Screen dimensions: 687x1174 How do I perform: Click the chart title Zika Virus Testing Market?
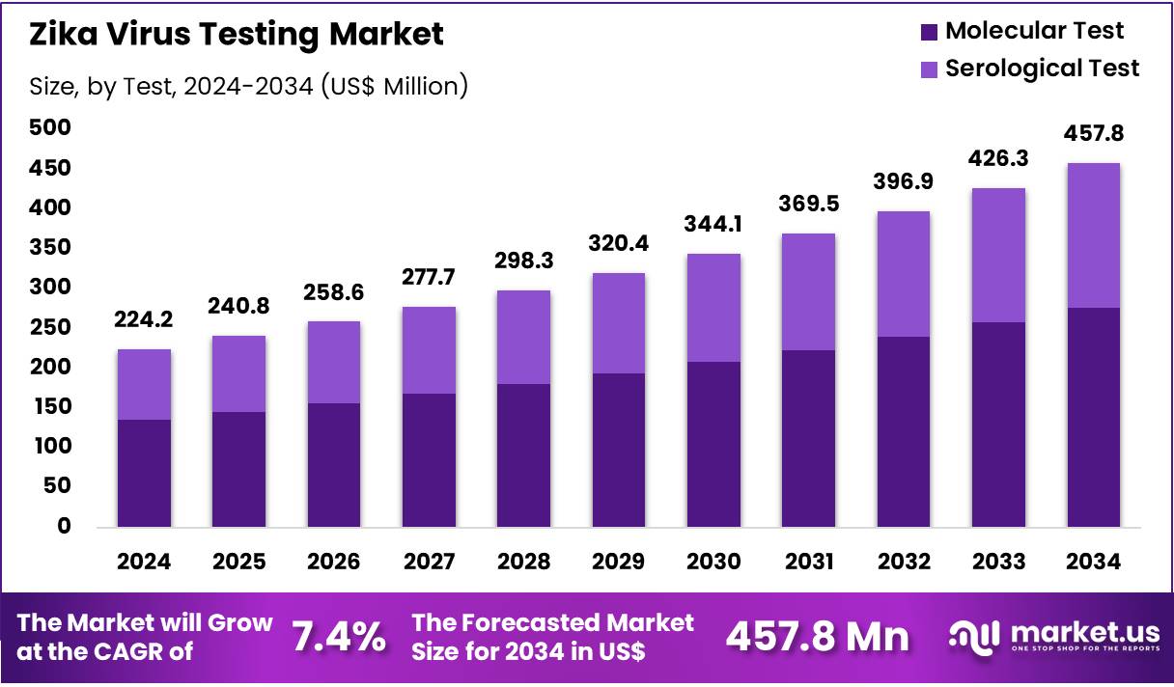point(237,35)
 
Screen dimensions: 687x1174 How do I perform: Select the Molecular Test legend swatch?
point(929,32)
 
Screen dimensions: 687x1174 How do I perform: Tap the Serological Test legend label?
point(1042,69)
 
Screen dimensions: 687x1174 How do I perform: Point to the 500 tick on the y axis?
point(49,128)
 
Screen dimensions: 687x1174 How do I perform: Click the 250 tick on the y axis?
point(49,327)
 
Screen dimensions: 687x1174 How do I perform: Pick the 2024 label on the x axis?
point(144,563)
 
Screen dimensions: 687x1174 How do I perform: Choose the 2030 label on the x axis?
point(713,563)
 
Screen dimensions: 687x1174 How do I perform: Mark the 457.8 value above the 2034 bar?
point(1093,133)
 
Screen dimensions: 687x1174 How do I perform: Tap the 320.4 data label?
point(619,243)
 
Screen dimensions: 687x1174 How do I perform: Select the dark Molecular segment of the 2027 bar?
point(429,460)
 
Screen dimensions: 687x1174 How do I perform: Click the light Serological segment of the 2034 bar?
point(1093,235)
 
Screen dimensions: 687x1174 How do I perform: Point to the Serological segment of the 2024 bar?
point(144,384)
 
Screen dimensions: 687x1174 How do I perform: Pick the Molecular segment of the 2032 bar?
point(903,431)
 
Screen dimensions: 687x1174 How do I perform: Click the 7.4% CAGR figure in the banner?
point(340,637)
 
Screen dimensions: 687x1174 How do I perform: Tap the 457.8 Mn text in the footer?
point(817,637)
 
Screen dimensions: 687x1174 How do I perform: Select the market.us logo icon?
point(974,636)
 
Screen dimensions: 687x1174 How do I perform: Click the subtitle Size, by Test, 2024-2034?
point(248,87)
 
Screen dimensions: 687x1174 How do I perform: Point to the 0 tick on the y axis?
point(63,526)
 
